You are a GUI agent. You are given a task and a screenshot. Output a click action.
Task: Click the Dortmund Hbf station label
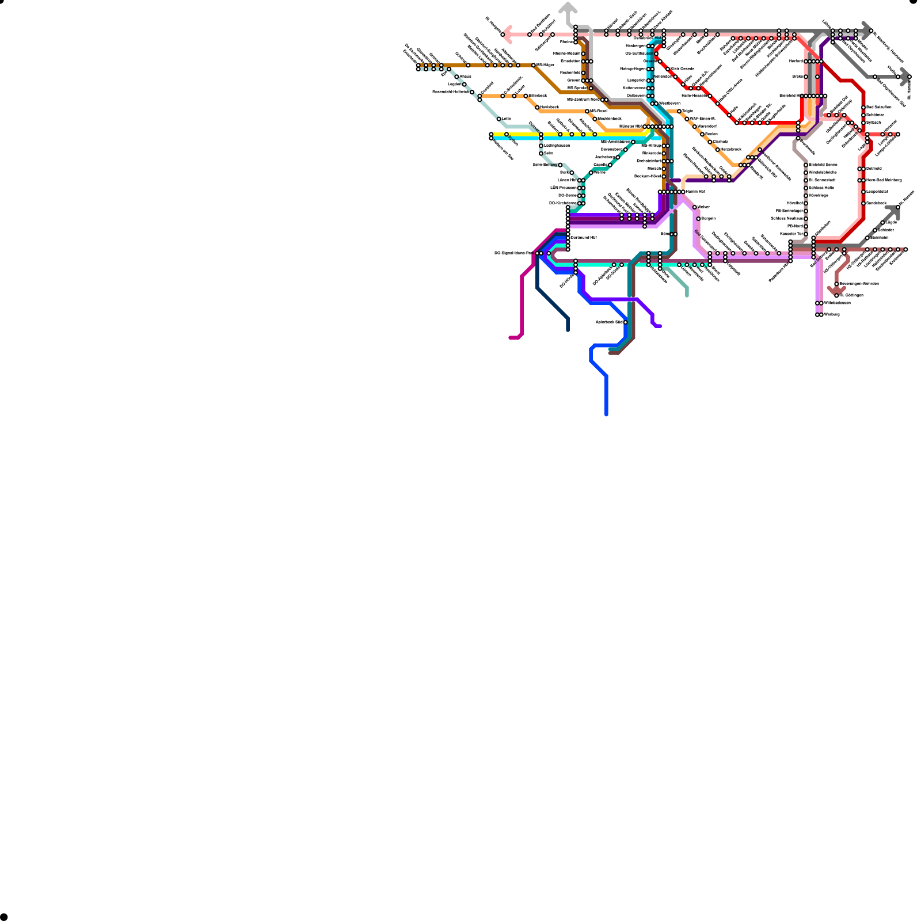pyautogui.click(x=583, y=238)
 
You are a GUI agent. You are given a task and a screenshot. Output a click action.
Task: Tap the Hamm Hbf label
pyautogui.click(x=695, y=192)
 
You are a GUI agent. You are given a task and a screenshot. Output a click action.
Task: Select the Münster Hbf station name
pyautogui.click(x=630, y=127)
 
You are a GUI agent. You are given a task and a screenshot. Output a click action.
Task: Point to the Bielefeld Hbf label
pyautogui.click(x=791, y=96)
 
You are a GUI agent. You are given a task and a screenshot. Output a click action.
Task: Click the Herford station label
pyautogui.click(x=796, y=61)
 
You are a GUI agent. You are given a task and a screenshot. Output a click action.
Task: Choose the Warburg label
pyautogui.click(x=831, y=315)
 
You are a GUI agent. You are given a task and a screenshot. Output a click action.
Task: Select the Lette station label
pyautogui.click(x=506, y=119)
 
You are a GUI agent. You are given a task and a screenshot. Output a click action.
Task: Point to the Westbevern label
pyautogui.click(x=669, y=104)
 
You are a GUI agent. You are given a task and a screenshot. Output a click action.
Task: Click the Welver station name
pyautogui.click(x=703, y=207)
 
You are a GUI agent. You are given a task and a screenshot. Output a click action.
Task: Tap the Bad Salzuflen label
pyautogui.click(x=878, y=108)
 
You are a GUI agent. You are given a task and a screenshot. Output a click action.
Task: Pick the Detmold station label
pyautogui.click(x=874, y=169)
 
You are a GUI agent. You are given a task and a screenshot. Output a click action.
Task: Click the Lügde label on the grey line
pyautogui.click(x=890, y=223)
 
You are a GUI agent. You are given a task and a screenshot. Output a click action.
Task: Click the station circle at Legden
pyautogui.click(x=465, y=85)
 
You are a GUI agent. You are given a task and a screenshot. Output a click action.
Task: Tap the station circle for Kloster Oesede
pyautogui.click(x=668, y=69)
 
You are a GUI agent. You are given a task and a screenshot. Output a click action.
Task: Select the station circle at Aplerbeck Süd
pyautogui.click(x=626, y=322)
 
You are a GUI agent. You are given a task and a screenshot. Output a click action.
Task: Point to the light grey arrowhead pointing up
pyautogui.click(x=568, y=7)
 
